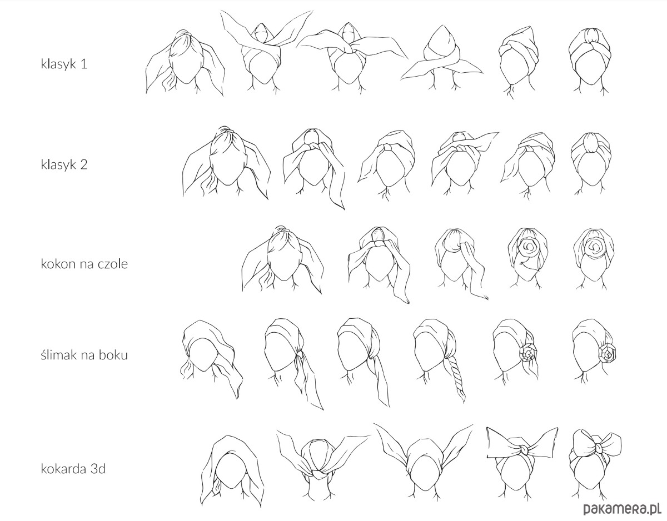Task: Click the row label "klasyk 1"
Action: point(64,64)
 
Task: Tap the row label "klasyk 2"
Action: point(64,164)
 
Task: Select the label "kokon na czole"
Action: point(84,264)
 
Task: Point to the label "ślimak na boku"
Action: point(84,355)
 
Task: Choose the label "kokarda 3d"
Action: point(73,469)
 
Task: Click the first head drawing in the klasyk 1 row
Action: point(185,63)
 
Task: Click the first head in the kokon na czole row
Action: point(282,260)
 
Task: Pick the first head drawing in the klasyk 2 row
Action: point(227,163)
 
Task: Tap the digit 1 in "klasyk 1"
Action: point(84,64)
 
